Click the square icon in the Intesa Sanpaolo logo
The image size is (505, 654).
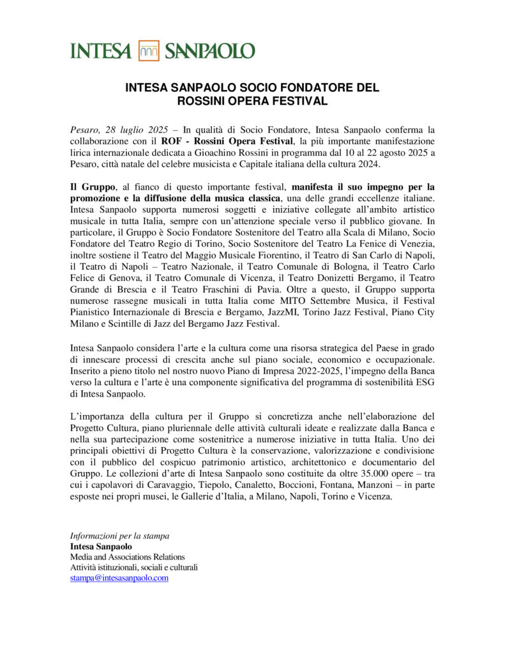[149, 51]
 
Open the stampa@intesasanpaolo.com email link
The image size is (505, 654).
[119, 577]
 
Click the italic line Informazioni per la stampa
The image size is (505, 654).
[119, 535]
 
